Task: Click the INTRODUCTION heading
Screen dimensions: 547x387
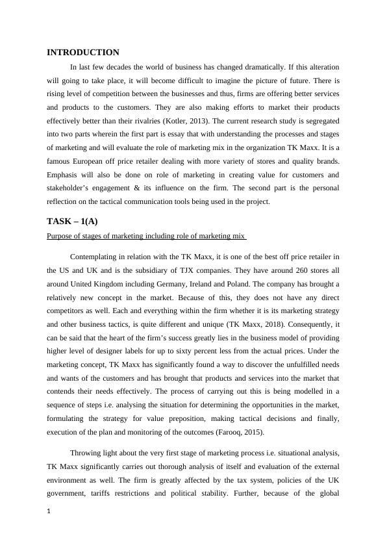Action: [x=83, y=53]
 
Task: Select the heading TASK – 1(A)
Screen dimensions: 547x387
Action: [x=72, y=221]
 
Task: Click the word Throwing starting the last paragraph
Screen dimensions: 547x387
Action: [x=86, y=453]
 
